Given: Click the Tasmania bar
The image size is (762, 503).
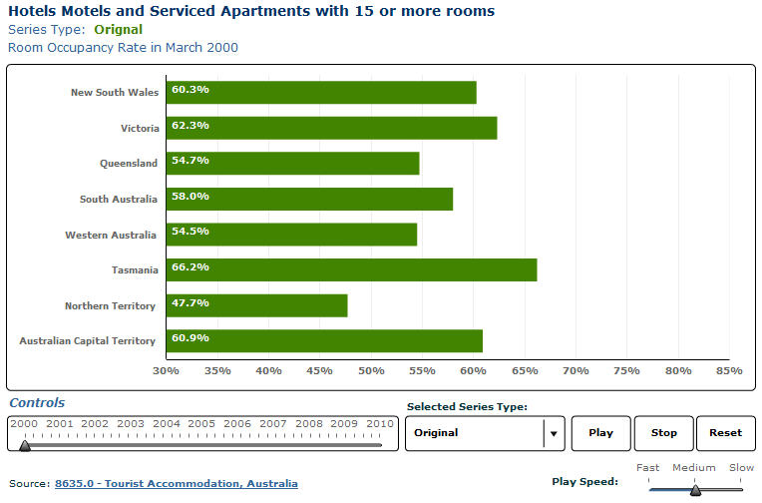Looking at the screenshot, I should [x=351, y=269].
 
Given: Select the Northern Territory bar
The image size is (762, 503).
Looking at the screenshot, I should [x=256, y=305].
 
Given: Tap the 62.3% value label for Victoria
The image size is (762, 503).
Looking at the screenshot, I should [x=190, y=125].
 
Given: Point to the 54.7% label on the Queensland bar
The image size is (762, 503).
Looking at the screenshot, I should [x=190, y=160].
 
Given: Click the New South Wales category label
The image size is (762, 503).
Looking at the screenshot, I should [x=114, y=93].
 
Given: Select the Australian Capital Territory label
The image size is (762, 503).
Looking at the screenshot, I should [x=88, y=341].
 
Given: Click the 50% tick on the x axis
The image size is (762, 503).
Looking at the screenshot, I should [x=371, y=371].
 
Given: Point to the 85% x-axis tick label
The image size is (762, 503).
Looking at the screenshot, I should [x=729, y=371].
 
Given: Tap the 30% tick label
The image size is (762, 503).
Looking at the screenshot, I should [x=166, y=371].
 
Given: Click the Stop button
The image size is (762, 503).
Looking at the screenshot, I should [x=663, y=433].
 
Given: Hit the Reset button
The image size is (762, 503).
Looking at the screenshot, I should [x=725, y=433].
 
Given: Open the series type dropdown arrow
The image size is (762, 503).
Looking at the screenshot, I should [x=554, y=433].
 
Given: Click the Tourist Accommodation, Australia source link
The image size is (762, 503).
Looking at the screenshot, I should [x=176, y=484].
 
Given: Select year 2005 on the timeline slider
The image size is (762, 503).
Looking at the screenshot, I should [x=201, y=424].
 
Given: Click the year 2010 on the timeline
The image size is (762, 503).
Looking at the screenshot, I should [x=379, y=424].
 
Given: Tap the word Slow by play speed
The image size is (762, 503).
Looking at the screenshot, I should [x=741, y=467].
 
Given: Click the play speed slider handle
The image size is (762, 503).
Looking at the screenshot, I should [x=695, y=489].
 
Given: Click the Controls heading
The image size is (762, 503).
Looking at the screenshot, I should [x=37, y=403].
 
